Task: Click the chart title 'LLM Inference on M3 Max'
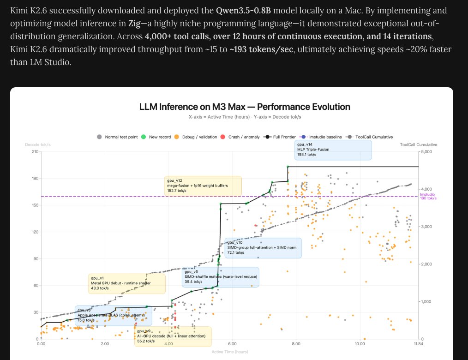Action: coord(245,107)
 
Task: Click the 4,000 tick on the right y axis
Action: coord(427,189)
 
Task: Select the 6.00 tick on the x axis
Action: coord(232,344)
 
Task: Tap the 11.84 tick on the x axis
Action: coord(418,344)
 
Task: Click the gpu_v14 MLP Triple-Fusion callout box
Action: coord(333,150)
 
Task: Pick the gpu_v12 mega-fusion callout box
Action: coord(203,185)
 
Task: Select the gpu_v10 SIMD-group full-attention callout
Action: coord(263,248)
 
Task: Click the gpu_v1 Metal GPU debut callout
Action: coord(126,283)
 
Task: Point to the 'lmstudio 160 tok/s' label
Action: coord(428,197)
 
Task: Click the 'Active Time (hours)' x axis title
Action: coord(229,352)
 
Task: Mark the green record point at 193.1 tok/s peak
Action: coord(288,167)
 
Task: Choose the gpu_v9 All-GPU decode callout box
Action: coord(173,336)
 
